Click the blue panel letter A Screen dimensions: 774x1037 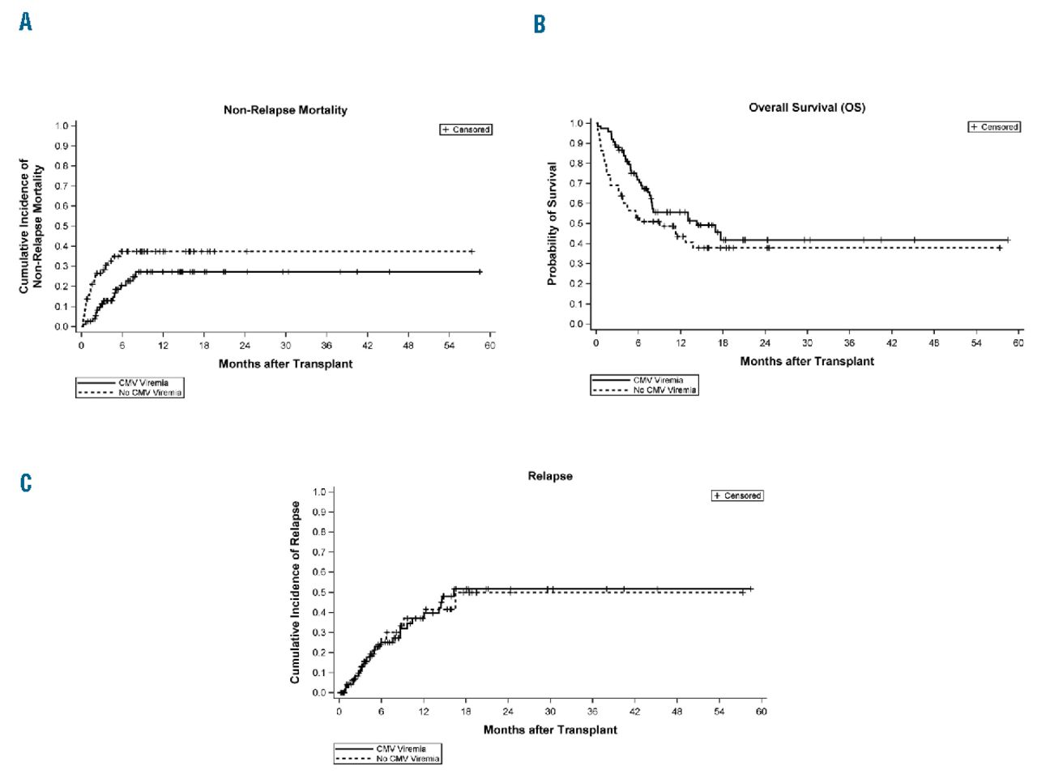(x=26, y=22)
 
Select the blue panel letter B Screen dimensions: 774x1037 (x=540, y=24)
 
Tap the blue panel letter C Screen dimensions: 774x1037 (x=26, y=483)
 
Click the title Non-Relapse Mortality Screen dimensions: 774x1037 (x=285, y=110)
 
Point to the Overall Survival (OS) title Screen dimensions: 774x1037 (x=806, y=108)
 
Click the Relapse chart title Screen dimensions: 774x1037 (x=549, y=476)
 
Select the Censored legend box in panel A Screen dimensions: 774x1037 (x=466, y=130)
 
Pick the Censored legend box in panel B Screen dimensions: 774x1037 (x=994, y=127)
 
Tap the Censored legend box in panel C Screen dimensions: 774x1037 (x=737, y=495)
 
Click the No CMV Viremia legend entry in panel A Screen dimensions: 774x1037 (x=130, y=393)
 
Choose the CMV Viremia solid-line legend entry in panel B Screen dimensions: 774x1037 (x=643, y=380)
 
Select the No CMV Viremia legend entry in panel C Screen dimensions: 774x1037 (x=387, y=759)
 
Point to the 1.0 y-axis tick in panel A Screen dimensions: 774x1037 (x=62, y=126)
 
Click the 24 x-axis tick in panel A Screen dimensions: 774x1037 (x=245, y=345)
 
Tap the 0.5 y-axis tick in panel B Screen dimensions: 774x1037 (x=576, y=223)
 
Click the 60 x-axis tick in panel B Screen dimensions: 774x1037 (x=1018, y=342)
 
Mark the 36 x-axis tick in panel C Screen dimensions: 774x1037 (x=592, y=711)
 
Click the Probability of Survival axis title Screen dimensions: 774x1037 (x=553, y=223)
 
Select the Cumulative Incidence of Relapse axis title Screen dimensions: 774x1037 (x=296, y=592)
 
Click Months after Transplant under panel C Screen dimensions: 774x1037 (x=550, y=729)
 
